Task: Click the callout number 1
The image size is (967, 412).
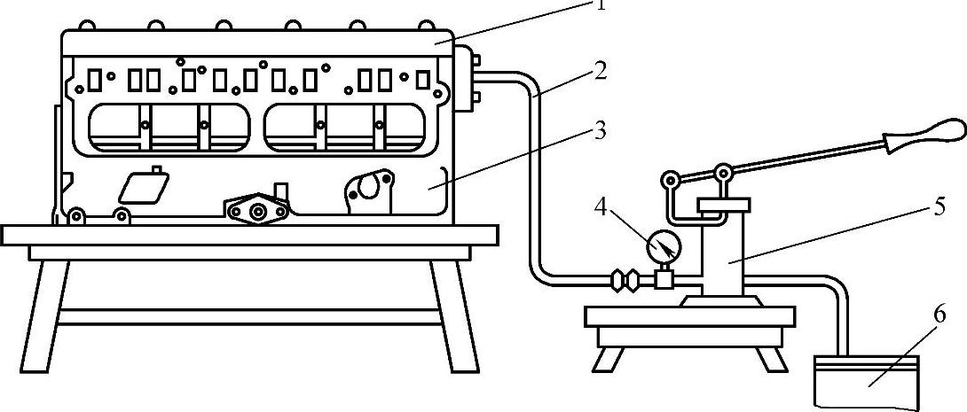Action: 600,4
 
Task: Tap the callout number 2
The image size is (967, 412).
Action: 601,70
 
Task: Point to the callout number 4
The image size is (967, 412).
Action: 601,210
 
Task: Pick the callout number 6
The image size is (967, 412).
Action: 935,314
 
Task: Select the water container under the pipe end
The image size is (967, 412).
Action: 866,380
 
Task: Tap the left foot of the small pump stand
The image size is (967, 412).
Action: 609,358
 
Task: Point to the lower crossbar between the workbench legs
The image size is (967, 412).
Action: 248,315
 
